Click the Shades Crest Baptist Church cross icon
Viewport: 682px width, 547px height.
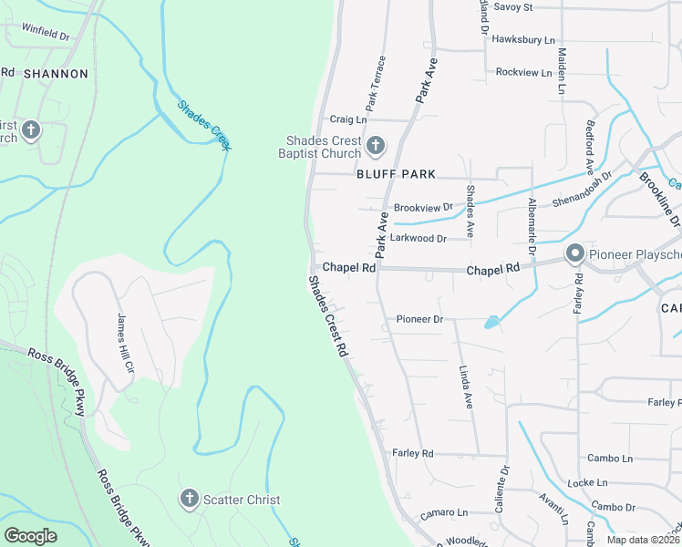point(375,145)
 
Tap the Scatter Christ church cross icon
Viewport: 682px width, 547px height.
point(190,499)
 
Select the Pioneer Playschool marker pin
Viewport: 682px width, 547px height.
point(574,253)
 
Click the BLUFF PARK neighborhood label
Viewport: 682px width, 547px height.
point(397,174)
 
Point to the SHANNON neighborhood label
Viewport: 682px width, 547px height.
point(57,74)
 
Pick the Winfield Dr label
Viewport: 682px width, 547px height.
point(45,34)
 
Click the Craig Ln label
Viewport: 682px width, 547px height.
point(347,119)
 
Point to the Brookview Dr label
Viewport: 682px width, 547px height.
point(423,208)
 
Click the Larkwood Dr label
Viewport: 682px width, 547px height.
point(418,239)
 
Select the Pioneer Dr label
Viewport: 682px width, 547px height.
point(419,319)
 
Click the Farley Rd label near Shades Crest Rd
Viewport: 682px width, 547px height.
point(413,453)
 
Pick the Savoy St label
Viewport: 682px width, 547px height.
point(512,7)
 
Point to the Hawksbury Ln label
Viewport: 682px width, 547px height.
point(522,40)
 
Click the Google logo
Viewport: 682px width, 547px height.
point(31,536)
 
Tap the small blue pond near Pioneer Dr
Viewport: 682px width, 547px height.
point(492,322)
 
